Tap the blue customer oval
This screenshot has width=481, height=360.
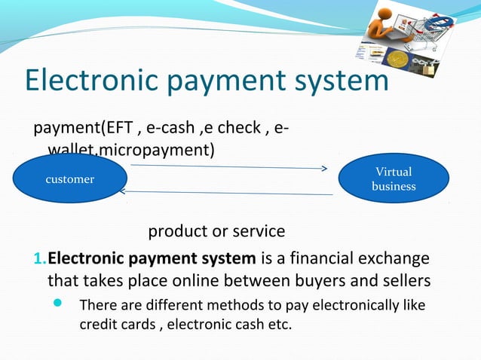[69, 179]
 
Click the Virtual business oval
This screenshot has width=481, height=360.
[394, 178]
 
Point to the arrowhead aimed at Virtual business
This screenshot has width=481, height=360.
[323, 169]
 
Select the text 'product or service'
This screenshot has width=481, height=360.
[216, 230]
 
